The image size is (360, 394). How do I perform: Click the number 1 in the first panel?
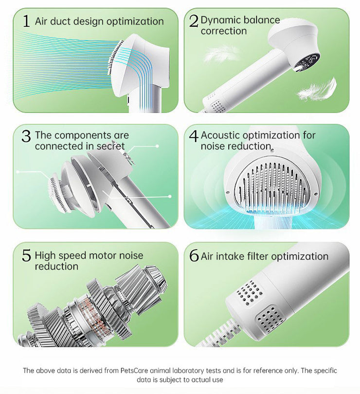26,21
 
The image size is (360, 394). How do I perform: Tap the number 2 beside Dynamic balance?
194,21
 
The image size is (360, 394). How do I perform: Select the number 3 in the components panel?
26,137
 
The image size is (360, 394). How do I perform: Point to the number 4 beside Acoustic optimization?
194,137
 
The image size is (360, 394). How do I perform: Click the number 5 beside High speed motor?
26,256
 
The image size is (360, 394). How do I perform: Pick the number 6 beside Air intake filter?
194,256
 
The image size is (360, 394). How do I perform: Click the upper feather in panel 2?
221,54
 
